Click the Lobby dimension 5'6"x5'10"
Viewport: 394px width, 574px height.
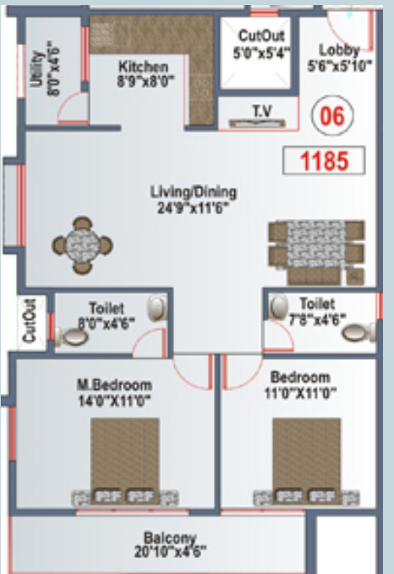click(x=339, y=64)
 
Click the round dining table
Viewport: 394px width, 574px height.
click(x=82, y=245)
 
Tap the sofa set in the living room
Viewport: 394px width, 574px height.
click(x=317, y=251)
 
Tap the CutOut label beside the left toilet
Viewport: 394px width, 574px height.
click(x=30, y=321)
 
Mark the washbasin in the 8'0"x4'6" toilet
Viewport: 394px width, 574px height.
click(x=157, y=309)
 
